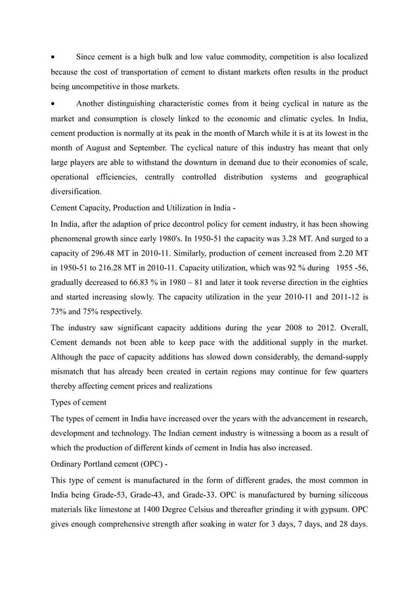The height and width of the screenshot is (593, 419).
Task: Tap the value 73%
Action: coord(59,311)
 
